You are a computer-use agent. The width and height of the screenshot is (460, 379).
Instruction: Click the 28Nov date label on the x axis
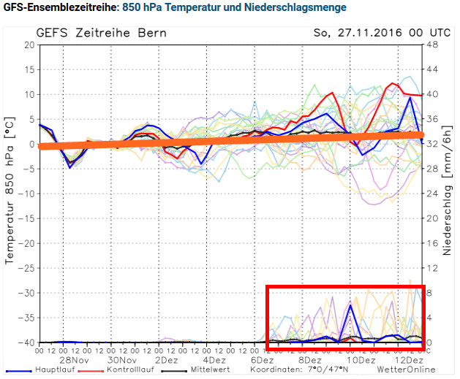74,360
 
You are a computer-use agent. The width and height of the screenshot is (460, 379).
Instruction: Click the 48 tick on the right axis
432,45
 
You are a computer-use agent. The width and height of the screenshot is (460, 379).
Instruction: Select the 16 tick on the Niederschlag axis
432,243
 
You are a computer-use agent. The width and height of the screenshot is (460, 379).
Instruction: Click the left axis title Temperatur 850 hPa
11,194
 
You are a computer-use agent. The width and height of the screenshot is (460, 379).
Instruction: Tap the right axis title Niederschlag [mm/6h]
448,194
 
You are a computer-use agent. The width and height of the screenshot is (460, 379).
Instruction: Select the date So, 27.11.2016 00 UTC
371,34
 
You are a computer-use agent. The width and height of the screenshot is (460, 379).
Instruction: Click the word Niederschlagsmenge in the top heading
301,7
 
